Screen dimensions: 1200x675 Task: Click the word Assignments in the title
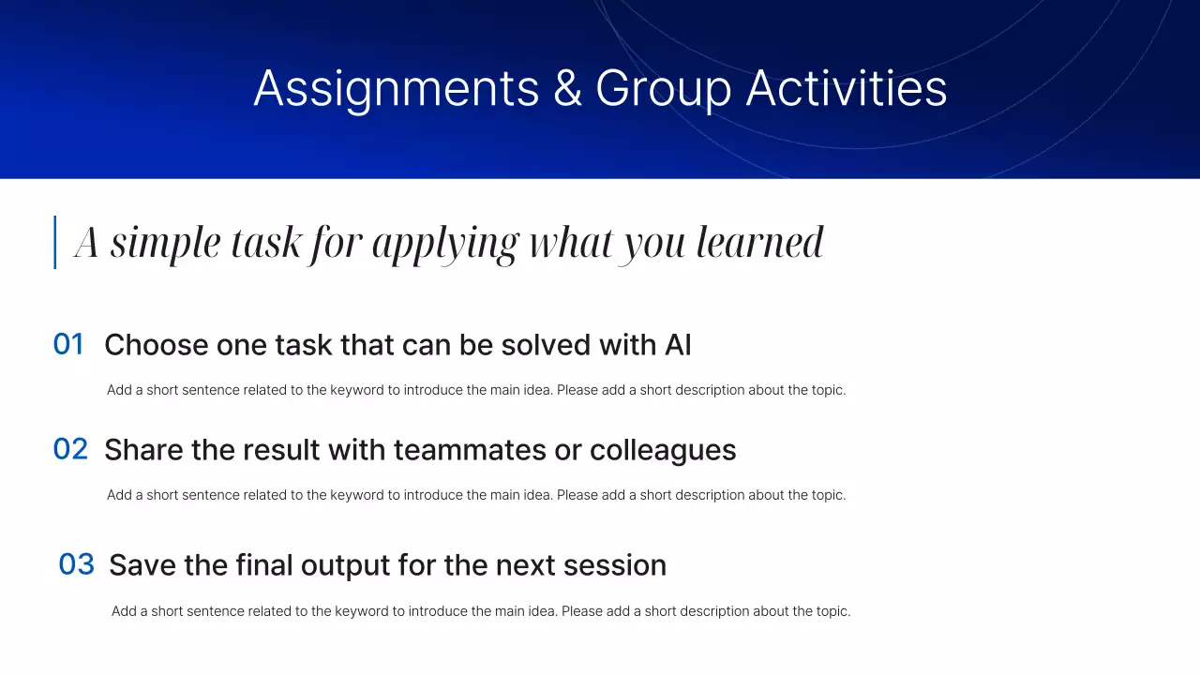397,89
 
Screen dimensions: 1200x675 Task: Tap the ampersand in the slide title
567,88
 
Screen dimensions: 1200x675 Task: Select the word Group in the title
663,89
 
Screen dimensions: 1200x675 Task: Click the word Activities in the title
847,88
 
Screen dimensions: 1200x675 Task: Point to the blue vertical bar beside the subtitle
54,242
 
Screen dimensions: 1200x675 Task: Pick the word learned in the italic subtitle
759,242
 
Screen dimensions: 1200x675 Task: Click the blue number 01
68,344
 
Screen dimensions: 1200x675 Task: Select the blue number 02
70,449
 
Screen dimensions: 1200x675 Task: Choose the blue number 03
76,564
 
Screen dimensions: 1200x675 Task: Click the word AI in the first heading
678,344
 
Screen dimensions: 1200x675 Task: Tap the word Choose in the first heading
156,344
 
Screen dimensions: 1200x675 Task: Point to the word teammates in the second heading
470,449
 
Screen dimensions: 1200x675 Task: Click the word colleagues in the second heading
663,451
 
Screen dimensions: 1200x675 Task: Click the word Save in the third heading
142,565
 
